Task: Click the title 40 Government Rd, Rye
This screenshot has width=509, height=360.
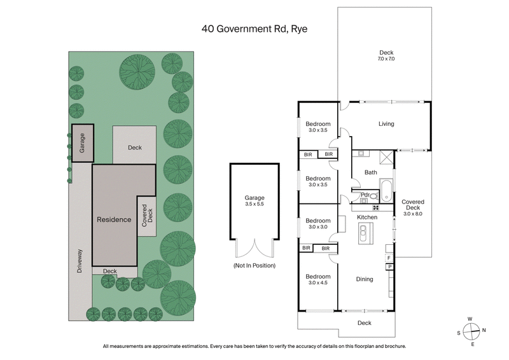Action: [x=254, y=29]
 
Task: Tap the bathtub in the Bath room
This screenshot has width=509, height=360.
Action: [x=387, y=189]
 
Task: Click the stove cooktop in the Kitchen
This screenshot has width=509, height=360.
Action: [x=375, y=207]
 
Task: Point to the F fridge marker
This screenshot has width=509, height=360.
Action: [x=389, y=258]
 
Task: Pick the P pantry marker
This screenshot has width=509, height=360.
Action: [x=389, y=268]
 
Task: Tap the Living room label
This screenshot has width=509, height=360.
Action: [x=386, y=124]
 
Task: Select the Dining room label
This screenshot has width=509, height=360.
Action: [x=365, y=279]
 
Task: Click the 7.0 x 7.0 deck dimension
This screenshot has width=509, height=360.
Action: [x=387, y=59]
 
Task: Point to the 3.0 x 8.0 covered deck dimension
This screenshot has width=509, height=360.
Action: [x=412, y=214]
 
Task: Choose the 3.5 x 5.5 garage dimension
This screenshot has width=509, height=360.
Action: [x=254, y=205]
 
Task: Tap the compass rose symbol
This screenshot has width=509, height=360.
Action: [x=471, y=330]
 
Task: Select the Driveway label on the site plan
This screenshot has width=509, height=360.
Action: [x=80, y=260]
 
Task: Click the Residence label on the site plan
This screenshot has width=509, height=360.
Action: [x=114, y=219]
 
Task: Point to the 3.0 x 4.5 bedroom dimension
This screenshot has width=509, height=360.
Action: [x=318, y=283]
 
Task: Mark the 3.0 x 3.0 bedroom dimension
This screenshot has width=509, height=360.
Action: [x=318, y=226]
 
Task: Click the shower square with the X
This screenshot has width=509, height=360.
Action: [x=385, y=158]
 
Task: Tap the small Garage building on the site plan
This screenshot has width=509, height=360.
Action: [x=82, y=143]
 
